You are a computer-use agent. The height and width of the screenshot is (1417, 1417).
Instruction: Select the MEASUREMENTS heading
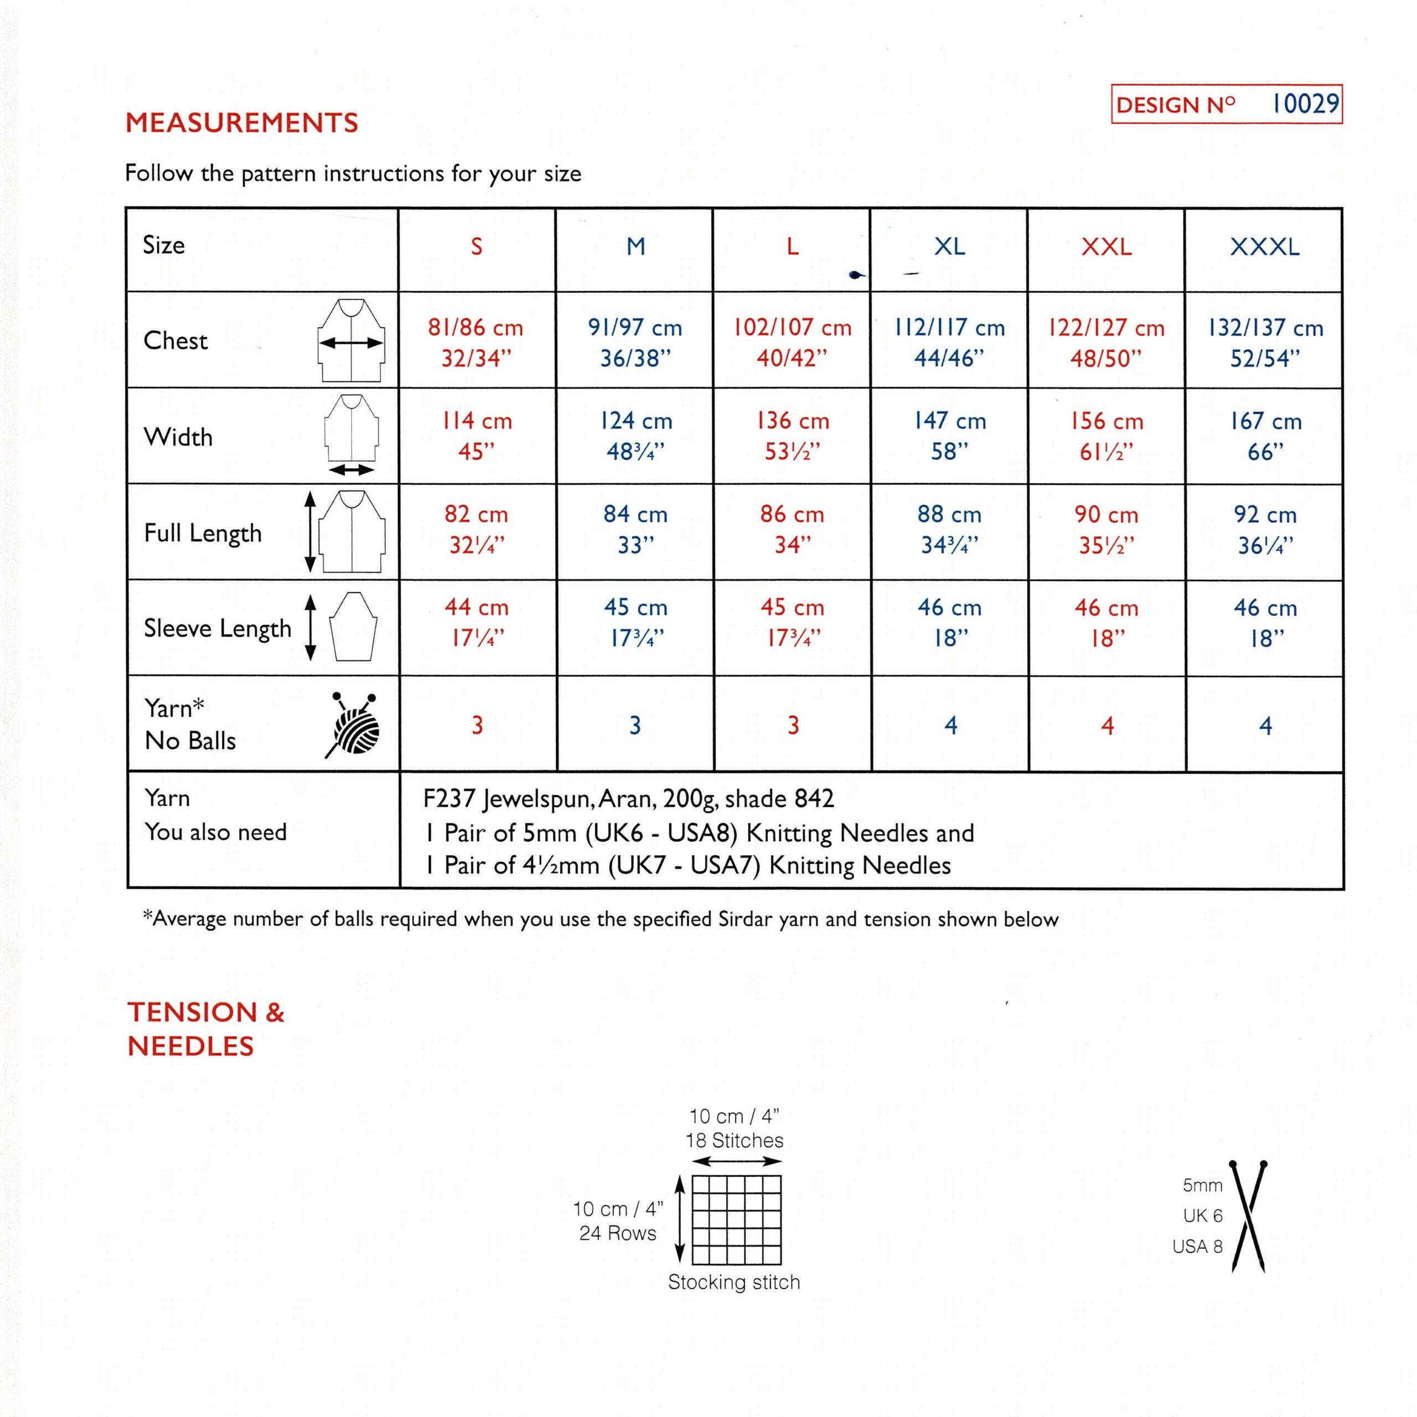[x=241, y=122]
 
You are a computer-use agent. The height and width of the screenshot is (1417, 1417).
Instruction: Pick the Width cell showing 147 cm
[x=950, y=436]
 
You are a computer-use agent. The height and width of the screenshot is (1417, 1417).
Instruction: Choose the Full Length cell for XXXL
[x=1265, y=530]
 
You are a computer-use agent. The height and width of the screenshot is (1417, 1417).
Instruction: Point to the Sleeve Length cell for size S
[x=476, y=623]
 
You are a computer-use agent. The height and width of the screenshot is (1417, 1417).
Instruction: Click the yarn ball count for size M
[x=635, y=725]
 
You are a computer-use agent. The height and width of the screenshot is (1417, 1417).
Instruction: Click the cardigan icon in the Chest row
[x=351, y=340]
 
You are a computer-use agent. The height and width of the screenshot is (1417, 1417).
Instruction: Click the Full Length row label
[x=203, y=533]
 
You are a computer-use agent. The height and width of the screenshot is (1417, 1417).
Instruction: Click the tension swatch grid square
[x=736, y=1221]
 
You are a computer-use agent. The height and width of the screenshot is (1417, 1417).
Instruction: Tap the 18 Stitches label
[x=734, y=1140]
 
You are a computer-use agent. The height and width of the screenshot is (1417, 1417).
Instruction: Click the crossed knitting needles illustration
[x=1248, y=1216]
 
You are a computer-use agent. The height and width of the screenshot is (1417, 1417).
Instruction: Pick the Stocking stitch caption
[x=733, y=1282]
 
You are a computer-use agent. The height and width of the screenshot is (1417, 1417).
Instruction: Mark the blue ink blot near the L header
[x=854, y=275]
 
